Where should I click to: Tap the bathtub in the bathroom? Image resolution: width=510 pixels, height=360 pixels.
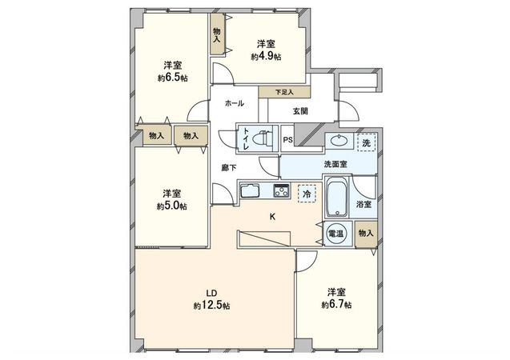(x=336, y=199)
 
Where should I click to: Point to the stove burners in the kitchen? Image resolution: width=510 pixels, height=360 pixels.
(x=282, y=190)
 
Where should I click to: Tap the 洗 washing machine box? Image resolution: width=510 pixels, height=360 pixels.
(x=366, y=142)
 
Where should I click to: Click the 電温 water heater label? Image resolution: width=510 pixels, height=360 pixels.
(x=336, y=234)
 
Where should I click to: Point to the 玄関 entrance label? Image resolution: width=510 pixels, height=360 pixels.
(x=300, y=111)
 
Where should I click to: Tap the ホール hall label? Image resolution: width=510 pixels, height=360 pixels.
(x=235, y=104)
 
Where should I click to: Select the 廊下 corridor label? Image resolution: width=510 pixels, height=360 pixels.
(x=227, y=169)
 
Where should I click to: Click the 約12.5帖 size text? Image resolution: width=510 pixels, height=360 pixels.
(x=211, y=306)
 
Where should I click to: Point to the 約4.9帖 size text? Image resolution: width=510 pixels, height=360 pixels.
(x=266, y=57)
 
